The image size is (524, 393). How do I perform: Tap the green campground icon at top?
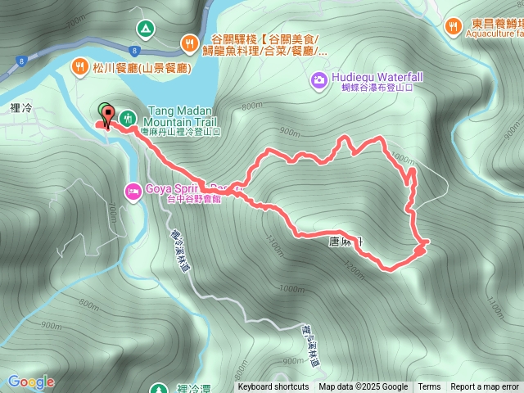tap(145, 29)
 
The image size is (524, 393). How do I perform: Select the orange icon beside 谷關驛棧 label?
tap(189, 41)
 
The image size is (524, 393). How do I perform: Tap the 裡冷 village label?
tap(22, 84)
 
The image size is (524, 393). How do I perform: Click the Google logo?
tap(30, 382)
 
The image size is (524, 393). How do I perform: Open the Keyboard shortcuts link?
tap(273, 387)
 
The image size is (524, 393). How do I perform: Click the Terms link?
tap(429, 387)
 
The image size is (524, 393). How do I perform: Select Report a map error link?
tap(485, 387)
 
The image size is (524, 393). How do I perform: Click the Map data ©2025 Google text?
tap(363, 387)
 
